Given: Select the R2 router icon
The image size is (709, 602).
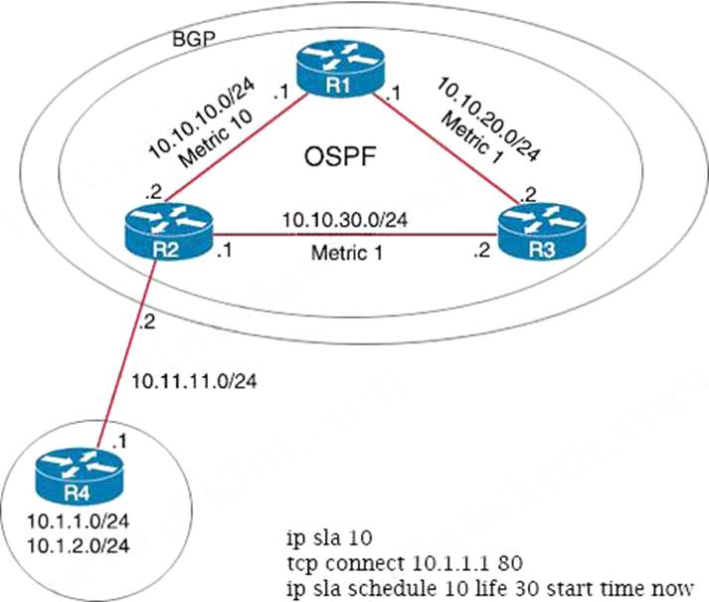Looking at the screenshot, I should pos(164,232).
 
